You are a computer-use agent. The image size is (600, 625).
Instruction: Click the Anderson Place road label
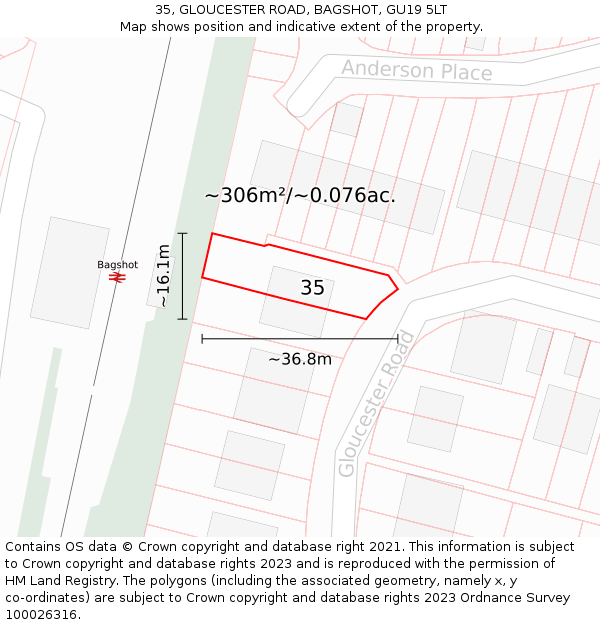(x=416, y=70)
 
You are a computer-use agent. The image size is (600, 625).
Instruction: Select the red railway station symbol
(x=117, y=277)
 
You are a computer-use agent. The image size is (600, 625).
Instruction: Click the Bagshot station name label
(x=117, y=265)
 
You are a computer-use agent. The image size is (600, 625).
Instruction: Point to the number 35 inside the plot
(x=312, y=288)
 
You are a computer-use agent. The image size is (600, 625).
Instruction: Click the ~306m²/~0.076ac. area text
(x=300, y=195)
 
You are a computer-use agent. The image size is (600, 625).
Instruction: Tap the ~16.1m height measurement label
(x=164, y=276)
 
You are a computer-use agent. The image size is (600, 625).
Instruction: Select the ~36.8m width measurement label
(x=300, y=358)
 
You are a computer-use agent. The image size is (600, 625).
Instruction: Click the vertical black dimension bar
(x=182, y=276)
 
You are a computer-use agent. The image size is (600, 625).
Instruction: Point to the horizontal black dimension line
(x=300, y=339)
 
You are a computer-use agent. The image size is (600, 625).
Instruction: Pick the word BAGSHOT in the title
(x=322, y=10)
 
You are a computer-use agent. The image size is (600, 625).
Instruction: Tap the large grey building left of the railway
(x=69, y=272)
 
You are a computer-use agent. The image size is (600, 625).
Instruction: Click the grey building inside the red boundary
(x=296, y=301)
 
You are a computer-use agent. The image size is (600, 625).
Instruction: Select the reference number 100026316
(x=42, y=614)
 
